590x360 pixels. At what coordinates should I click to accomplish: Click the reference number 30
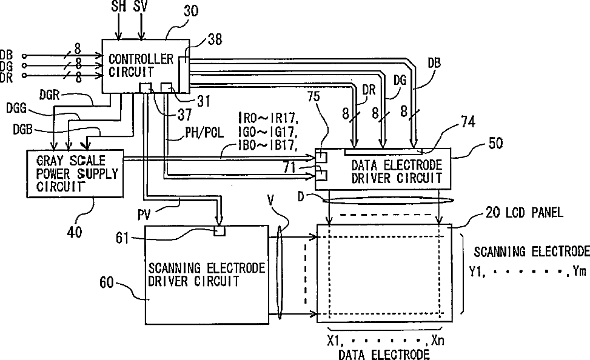[191, 11]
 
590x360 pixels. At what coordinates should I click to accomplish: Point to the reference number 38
[215, 39]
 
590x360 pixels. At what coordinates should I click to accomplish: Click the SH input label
[118, 6]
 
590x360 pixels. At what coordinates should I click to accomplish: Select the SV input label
[141, 6]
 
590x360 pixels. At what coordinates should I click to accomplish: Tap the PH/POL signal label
[204, 132]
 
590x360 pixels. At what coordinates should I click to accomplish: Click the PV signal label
[144, 215]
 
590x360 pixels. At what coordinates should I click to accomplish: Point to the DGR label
[50, 95]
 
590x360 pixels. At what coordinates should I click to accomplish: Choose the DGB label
[23, 130]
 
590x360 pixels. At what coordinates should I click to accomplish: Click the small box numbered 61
[220, 231]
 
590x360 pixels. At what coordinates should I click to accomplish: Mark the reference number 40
[74, 232]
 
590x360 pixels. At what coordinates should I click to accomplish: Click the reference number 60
[107, 282]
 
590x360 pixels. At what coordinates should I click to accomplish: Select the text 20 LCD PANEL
[525, 213]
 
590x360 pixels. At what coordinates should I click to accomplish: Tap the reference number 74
[468, 122]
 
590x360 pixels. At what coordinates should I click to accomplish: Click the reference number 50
[495, 143]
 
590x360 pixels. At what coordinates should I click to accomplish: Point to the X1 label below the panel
[334, 341]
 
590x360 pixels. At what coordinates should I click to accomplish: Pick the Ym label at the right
[580, 272]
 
